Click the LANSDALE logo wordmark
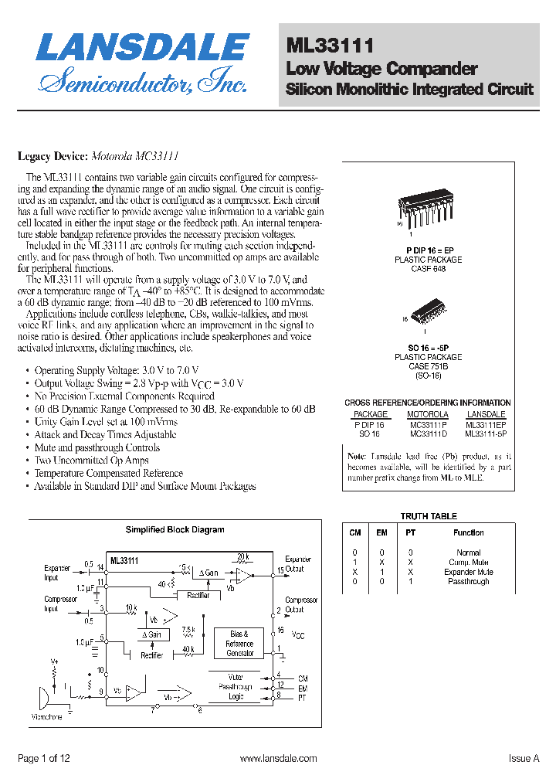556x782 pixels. pyautogui.click(x=142, y=48)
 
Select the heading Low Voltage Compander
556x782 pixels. pyautogui.click(x=381, y=68)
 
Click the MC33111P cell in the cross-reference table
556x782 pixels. pyautogui.click(x=428, y=424)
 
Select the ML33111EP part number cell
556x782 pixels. pyautogui.click(x=486, y=424)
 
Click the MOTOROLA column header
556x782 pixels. pyautogui.click(x=428, y=414)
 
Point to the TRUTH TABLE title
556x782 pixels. pyautogui.click(x=428, y=516)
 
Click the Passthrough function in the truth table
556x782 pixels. pyautogui.click(x=468, y=581)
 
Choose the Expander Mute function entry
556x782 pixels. pyautogui.click(x=468, y=572)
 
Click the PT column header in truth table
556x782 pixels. pyautogui.click(x=410, y=532)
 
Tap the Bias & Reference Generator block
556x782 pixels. pyautogui.click(x=239, y=644)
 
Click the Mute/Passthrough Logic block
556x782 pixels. pyautogui.click(x=236, y=686)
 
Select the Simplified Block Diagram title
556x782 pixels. pyautogui.click(x=175, y=529)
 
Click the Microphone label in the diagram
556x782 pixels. pyautogui.click(x=47, y=717)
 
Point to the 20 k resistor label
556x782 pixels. pyautogui.click(x=243, y=556)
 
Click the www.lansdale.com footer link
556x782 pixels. pyautogui.click(x=279, y=759)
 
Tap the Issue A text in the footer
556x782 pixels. pyautogui.click(x=524, y=759)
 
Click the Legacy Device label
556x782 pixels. pyautogui.click(x=51, y=156)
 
